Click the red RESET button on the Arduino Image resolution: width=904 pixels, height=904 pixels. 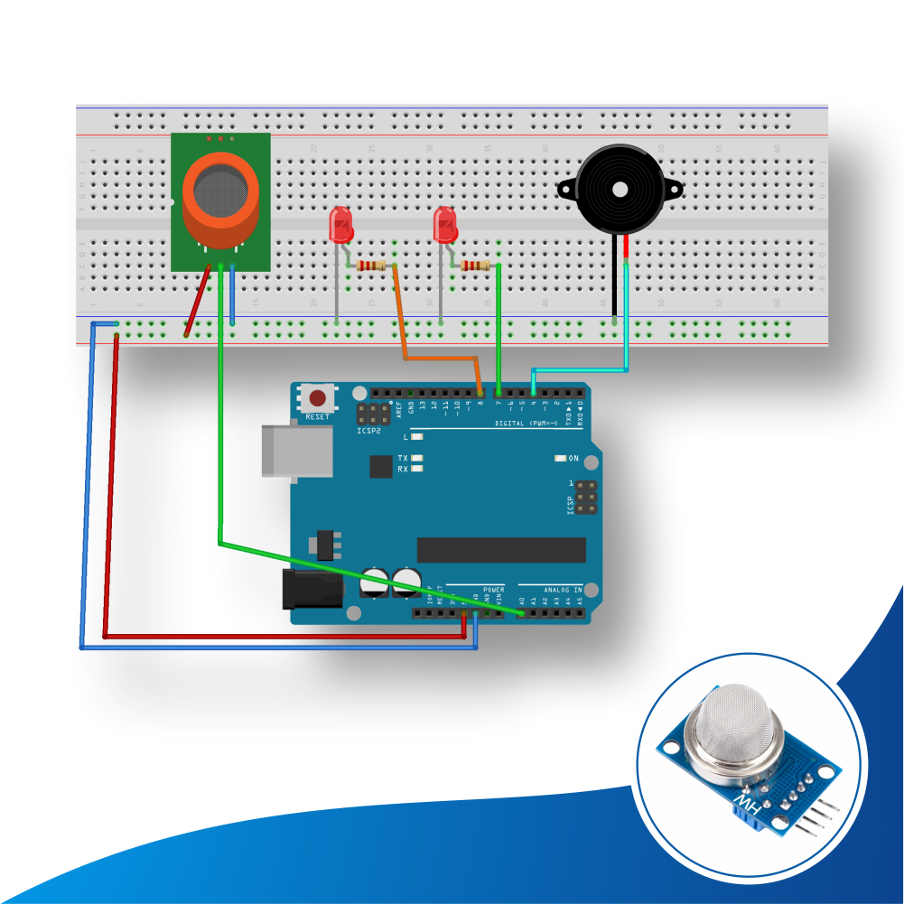[317, 397]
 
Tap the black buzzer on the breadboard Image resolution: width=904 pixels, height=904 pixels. [620, 190]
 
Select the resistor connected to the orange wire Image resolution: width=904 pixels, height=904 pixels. [371, 265]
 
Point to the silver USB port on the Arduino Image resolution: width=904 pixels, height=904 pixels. [284, 451]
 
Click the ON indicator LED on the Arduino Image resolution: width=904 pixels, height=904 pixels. [561, 459]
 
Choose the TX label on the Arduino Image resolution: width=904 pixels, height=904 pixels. [402, 459]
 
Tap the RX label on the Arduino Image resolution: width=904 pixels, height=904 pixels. [402, 470]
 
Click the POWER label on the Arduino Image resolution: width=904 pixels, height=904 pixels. [494, 589]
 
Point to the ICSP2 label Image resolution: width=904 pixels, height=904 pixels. [368, 431]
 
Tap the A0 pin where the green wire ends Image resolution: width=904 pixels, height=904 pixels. [522, 613]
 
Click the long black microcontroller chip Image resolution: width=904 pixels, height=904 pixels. [500, 550]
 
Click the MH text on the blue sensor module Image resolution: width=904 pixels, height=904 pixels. [746, 802]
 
